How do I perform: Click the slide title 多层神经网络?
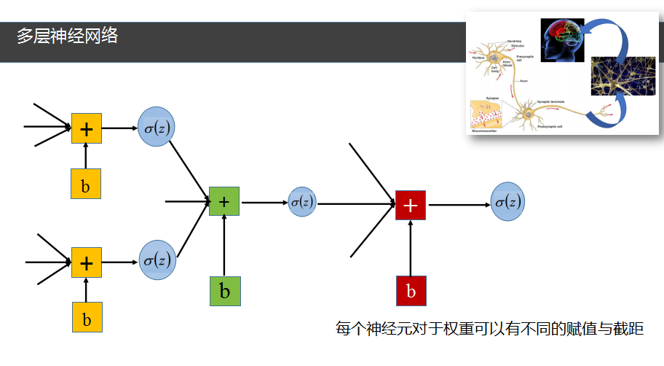click(67, 36)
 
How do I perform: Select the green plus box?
click(224, 201)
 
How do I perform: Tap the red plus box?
click(410, 205)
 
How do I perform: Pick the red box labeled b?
click(411, 291)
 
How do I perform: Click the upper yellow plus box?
click(86, 129)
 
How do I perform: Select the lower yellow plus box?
click(86, 262)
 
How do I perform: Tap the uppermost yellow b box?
click(86, 184)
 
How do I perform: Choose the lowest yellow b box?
click(87, 318)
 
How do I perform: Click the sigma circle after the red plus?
click(507, 203)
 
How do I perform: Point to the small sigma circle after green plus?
click(302, 202)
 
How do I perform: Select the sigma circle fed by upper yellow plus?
click(157, 128)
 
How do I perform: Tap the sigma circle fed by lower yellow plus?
click(157, 260)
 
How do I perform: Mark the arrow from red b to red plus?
click(411, 248)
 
